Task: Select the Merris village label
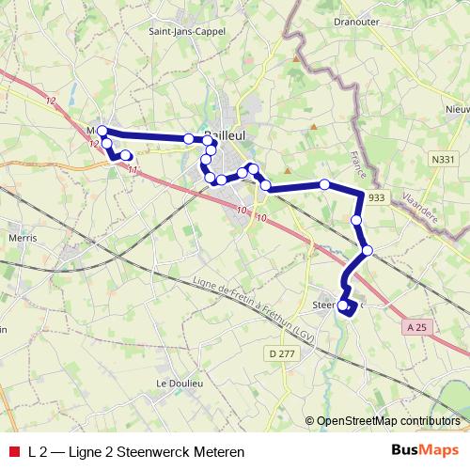click(22, 239)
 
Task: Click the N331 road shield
click(445, 161)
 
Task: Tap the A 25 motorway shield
click(417, 326)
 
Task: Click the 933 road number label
click(376, 197)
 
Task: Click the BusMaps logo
click(424, 451)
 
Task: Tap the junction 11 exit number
click(133, 170)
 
